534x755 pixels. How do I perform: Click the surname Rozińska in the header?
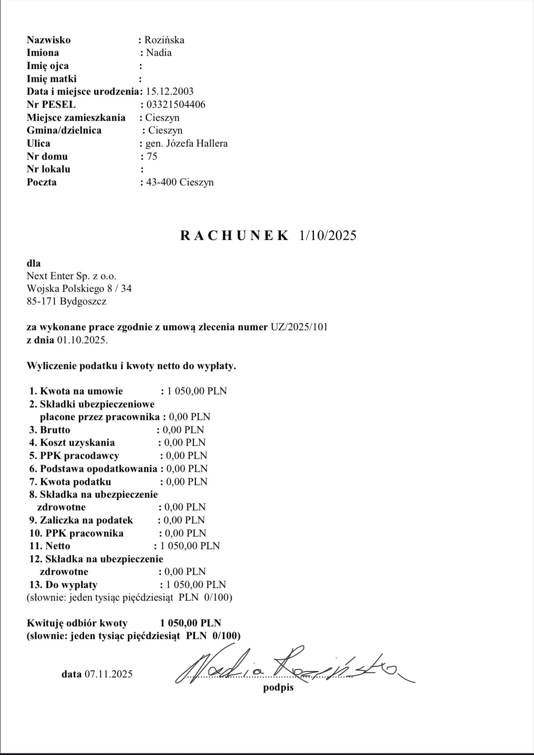tap(164, 40)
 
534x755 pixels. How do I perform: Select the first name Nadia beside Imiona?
tap(159, 53)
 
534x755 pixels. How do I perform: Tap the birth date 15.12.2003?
tap(170, 92)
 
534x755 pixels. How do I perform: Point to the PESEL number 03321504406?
tap(176, 105)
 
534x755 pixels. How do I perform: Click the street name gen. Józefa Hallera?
tap(186, 143)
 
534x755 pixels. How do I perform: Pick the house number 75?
tap(152, 157)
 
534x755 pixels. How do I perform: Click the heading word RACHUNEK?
tap(234, 236)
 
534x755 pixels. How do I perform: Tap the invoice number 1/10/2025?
tap(328, 236)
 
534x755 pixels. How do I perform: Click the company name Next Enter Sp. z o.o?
tap(72, 276)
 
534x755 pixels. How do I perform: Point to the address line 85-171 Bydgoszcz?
tap(66, 301)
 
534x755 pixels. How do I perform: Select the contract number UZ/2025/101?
tap(299, 327)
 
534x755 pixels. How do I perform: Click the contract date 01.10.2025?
tap(82, 340)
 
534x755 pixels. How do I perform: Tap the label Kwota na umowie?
tap(81, 391)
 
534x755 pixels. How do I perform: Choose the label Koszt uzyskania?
tap(77, 443)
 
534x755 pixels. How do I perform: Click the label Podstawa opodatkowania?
tap(98, 469)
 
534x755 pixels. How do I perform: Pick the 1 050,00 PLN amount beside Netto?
tap(190, 546)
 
